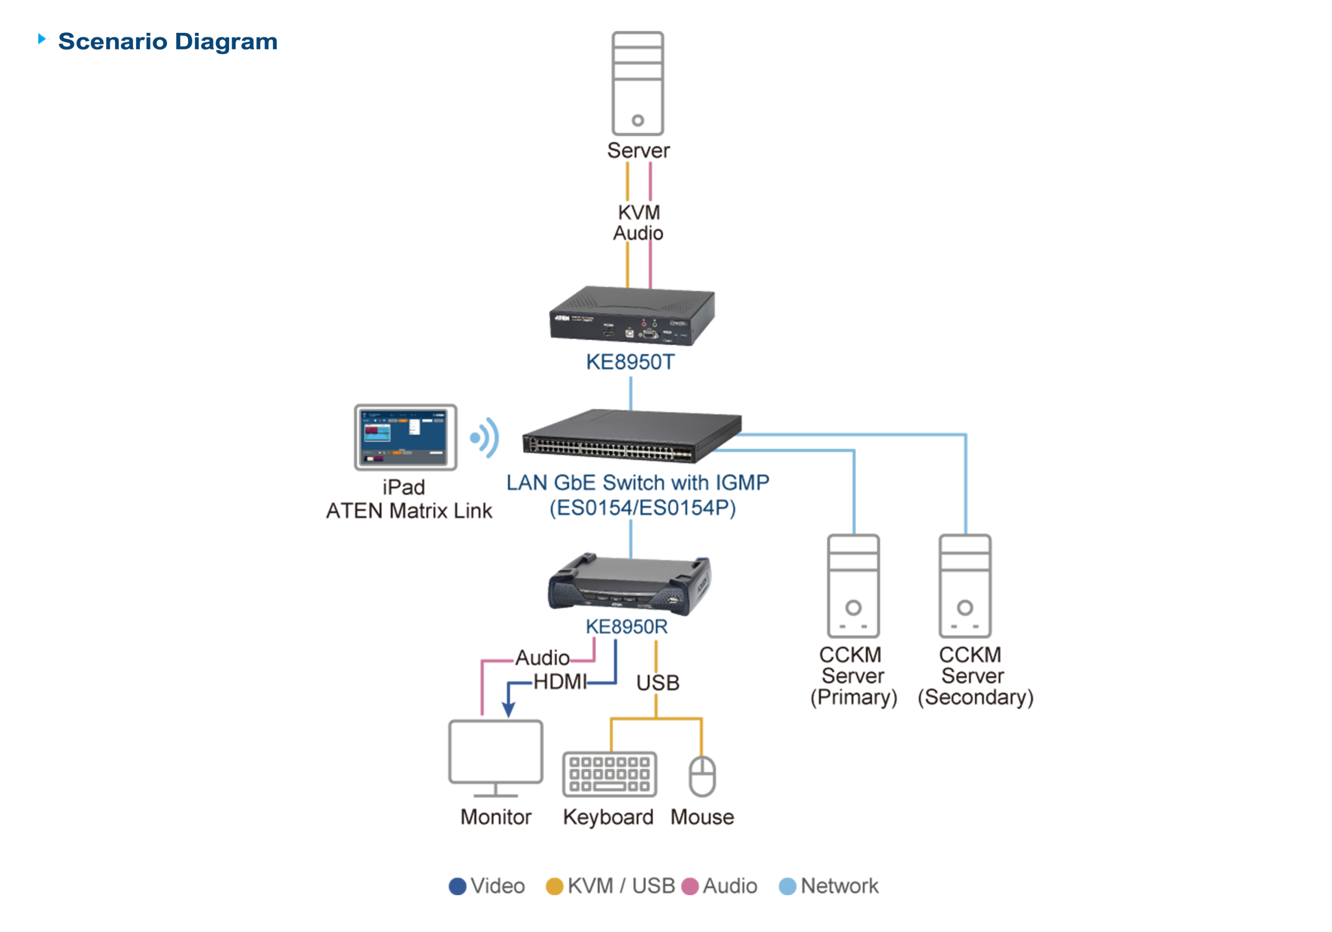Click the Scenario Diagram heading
pos(167,42)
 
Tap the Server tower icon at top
pos(637,84)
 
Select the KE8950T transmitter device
pos(632,316)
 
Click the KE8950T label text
pos(630,363)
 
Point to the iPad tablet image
pos(405,437)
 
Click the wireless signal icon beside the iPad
pos(485,438)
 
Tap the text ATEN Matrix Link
pos(408,511)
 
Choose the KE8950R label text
pos(626,627)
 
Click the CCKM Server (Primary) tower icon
pos(853,586)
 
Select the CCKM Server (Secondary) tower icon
pos(965,586)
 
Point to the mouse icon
pos(702,775)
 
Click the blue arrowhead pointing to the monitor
pos(508,709)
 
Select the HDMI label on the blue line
pos(559,682)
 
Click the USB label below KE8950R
pos(657,682)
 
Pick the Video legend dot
pos(458,886)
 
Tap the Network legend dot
pos(787,886)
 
